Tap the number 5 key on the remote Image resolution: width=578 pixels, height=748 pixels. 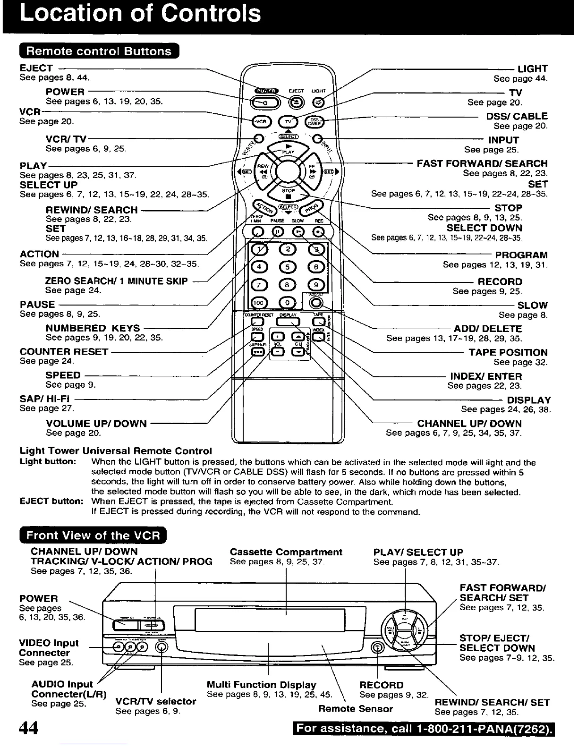point(288,267)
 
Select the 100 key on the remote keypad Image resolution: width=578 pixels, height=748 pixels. point(258,303)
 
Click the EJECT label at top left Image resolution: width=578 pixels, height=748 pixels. point(36,68)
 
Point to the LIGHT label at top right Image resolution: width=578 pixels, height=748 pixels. point(533,69)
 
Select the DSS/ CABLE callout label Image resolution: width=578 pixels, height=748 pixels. point(517,116)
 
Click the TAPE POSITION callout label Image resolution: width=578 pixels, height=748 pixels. point(508,352)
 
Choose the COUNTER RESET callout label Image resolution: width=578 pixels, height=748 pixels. point(64,352)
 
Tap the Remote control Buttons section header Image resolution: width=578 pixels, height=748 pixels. point(99,51)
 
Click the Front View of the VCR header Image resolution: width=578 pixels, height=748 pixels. point(93,536)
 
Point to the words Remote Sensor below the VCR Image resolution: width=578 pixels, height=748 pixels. point(356,709)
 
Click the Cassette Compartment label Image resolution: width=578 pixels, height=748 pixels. point(286,552)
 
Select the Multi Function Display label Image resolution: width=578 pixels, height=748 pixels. point(261,685)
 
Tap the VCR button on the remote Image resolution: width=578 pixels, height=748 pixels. point(261,121)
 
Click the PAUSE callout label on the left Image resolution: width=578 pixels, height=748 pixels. point(37,305)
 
